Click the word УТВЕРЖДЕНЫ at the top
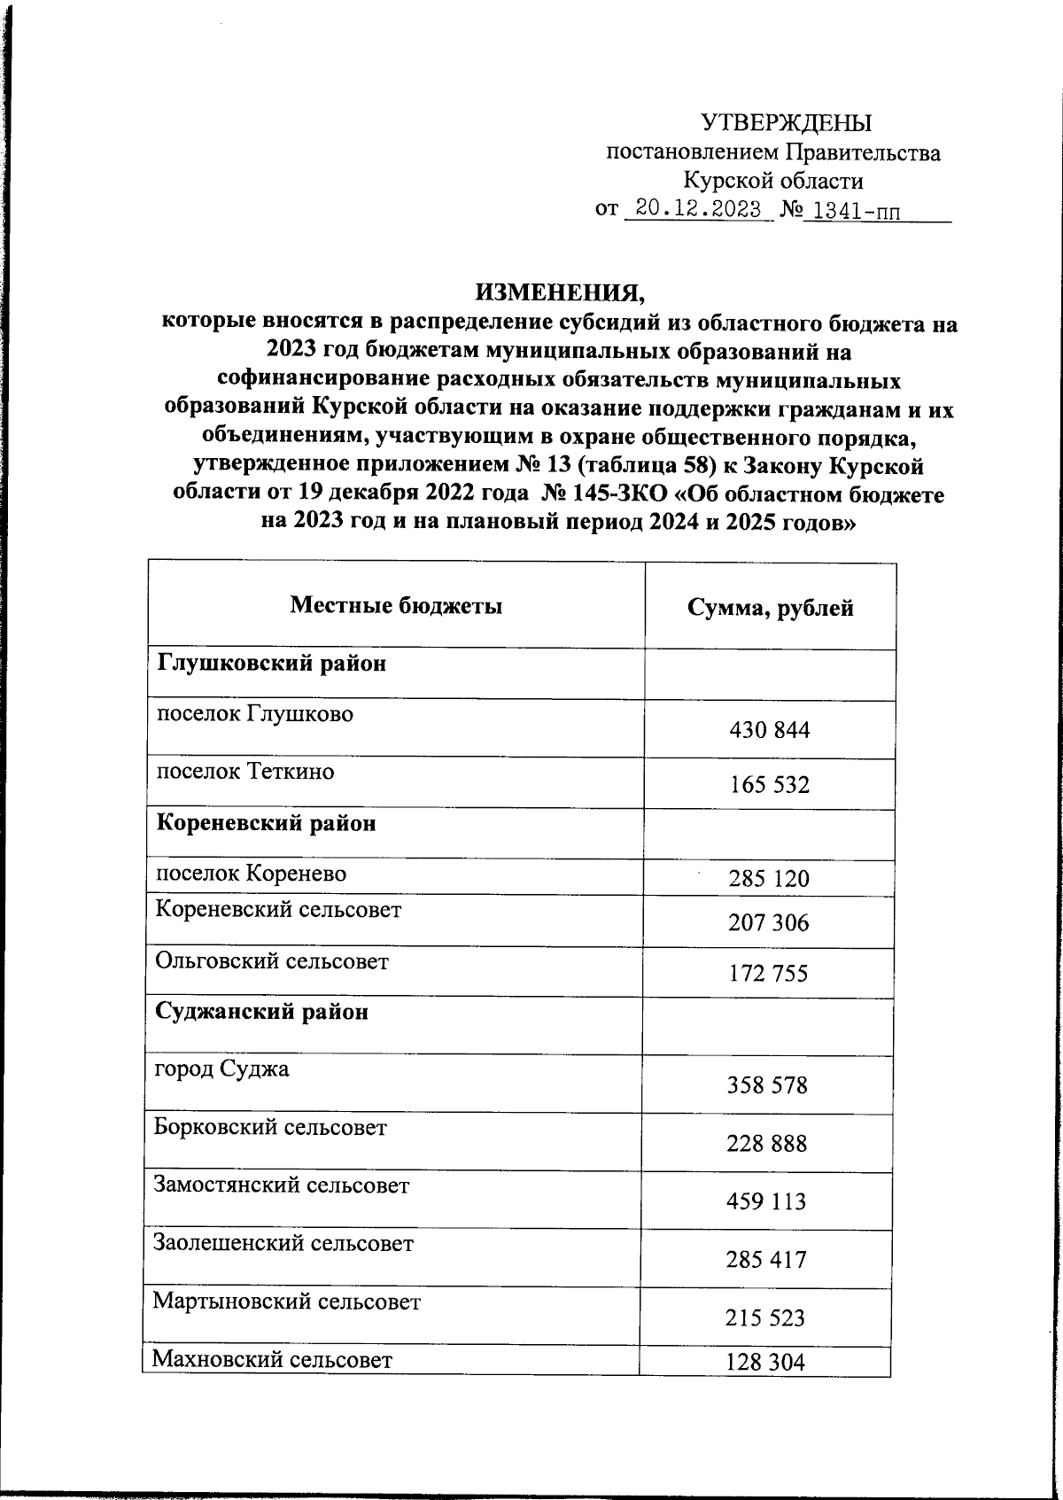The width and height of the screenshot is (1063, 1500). [x=786, y=123]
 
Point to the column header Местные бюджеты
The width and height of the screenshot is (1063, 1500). [x=396, y=606]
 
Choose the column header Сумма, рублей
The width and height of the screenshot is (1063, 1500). [x=770, y=608]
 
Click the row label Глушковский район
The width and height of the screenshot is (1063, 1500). [x=271, y=663]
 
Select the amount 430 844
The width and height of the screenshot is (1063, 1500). [x=769, y=731]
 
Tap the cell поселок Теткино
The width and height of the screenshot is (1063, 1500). [x=245, y=771]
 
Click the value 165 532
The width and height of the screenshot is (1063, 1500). [x=769, y=785]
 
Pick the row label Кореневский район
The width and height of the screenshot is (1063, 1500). [x=266, y=823]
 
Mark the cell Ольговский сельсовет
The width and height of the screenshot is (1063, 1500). [x=272, y=961]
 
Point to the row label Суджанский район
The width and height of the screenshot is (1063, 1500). [x=262, y=1012]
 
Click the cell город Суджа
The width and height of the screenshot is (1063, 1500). [x=221, y=1069]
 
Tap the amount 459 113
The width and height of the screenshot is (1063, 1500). [x=767, y=1201]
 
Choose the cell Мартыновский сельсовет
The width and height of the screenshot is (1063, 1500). [x=286, y=1302]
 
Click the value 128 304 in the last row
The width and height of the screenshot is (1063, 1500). [x=765, y=1363]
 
